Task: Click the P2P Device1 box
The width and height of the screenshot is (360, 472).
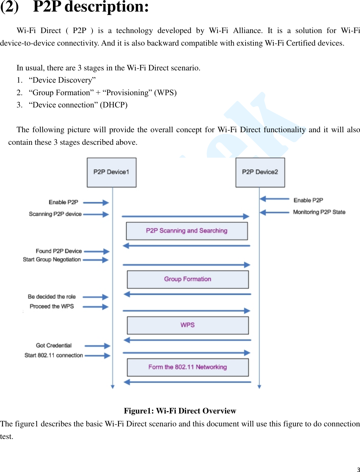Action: tap(111, 172)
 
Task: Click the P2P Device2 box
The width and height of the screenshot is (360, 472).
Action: tap(260, 172)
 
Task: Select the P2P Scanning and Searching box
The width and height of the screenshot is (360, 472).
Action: tap(187, 231)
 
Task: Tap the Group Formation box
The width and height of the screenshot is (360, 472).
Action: tap(187, 279)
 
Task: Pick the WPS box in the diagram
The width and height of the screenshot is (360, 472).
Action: tap(187, 325)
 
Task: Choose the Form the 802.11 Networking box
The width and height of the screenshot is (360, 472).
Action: tap(187, 367)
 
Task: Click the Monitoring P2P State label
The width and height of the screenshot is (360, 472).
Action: tap(319, 212)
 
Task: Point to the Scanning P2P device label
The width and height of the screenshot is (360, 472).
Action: tap(55, 214)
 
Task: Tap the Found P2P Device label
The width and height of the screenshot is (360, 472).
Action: tap(59, 251)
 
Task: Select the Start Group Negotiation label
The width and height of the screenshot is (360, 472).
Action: tap(52, 260)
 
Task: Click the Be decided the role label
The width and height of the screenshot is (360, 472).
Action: tap(52, 297)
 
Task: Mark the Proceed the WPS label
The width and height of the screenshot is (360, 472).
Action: tap(52, 306)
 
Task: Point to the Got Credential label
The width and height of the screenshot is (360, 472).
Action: tap(54, 345)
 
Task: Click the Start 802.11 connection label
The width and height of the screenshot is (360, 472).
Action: tap(54, 355)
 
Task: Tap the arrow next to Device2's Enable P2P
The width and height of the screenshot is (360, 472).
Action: tap(274, 199)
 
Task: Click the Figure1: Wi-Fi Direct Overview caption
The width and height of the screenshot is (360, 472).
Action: tap(180, 411)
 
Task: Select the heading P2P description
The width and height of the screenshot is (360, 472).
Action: tap(91, 7)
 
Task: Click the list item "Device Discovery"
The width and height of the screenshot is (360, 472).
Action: tap(62, 80)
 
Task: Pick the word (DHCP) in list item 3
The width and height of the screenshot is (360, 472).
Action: tap(114, 105)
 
